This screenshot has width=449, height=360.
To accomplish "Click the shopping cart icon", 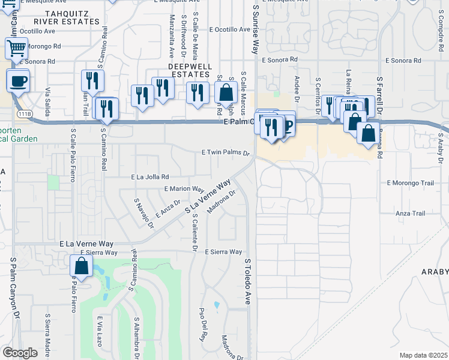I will tap(17, 47).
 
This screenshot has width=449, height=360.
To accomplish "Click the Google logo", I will tap(20, 353).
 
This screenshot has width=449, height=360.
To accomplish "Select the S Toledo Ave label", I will tap(247, 281).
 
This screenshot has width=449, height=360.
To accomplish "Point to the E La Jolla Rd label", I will tap(150, 177).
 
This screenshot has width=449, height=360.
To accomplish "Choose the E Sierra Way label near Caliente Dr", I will tap(223, 252).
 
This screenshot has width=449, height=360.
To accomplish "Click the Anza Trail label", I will tap(410, 213).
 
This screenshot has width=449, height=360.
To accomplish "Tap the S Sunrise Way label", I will tap(255, 30).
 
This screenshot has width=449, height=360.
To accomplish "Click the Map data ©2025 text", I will tap(423, 355).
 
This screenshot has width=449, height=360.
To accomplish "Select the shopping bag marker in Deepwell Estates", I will tap(226, 93).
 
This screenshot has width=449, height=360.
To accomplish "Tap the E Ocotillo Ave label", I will tap(230, 29).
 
